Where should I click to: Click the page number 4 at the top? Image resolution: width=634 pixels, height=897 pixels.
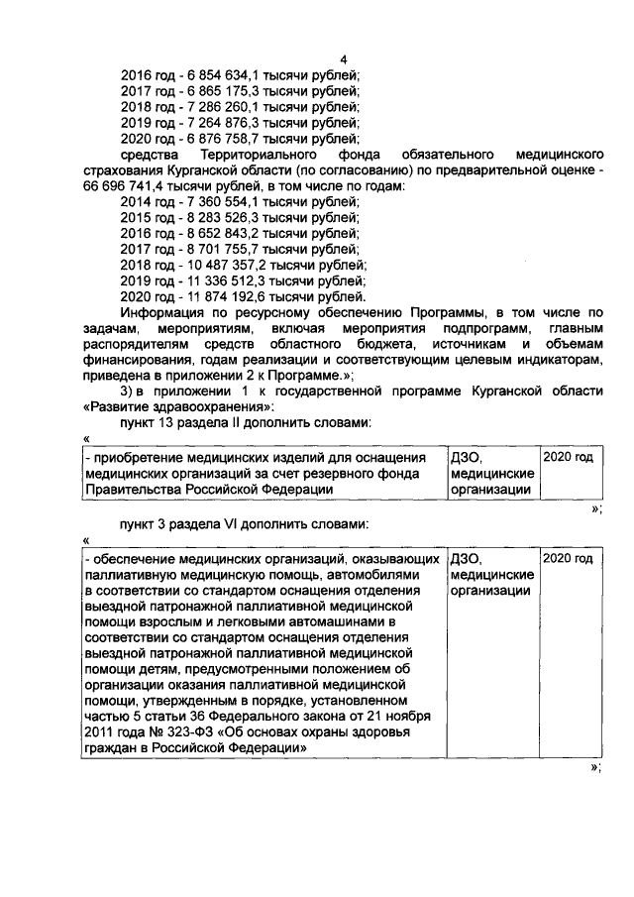pos(343,59)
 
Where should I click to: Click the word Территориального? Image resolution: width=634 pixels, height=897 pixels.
pos(255,156)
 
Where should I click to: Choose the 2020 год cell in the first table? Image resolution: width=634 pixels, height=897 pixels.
pos(569,458)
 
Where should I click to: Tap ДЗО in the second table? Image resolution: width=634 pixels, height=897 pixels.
pos(465,559)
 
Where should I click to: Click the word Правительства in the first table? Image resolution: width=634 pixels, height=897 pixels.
pos(130,489)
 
